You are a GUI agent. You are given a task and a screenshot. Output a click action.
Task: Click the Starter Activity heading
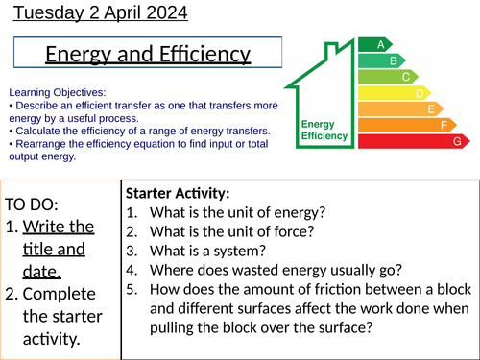[178, 193]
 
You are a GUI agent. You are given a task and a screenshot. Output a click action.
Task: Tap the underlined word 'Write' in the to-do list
[46, 228]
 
